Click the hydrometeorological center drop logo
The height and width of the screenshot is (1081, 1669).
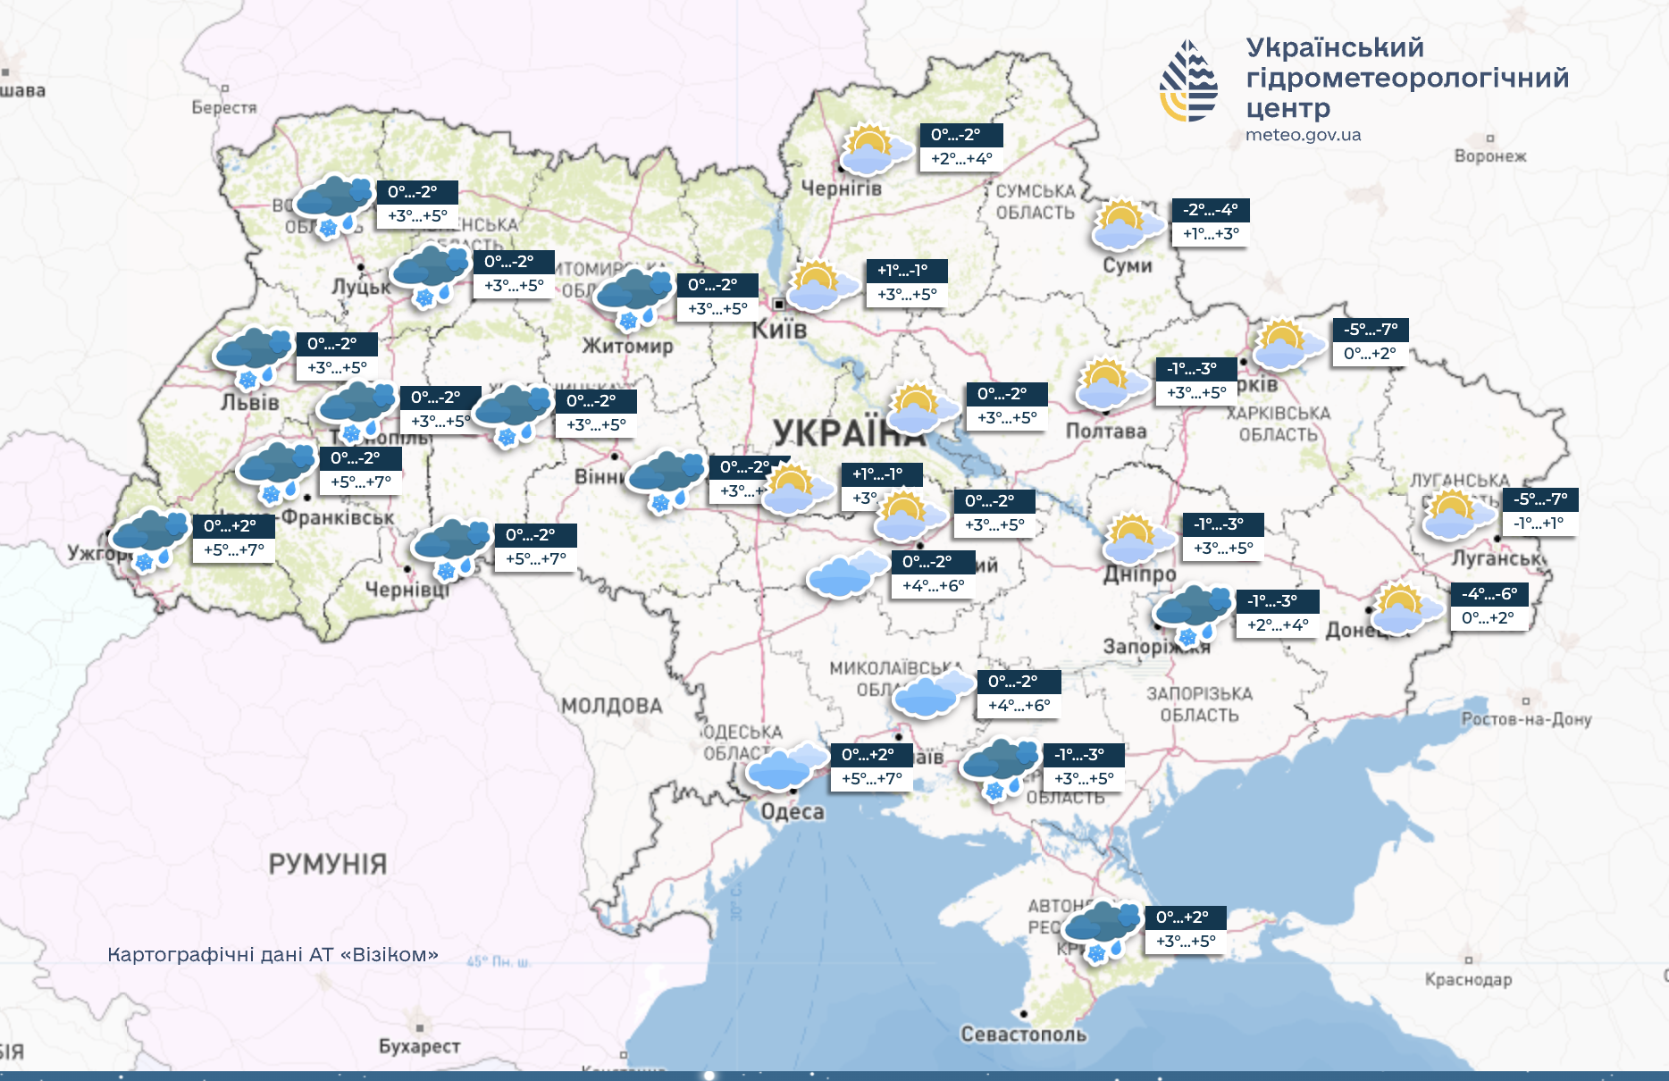click(x=1188, y=80)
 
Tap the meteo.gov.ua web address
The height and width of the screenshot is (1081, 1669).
click(x=1303, y=135)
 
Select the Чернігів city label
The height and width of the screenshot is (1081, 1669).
click(x=841, y=189)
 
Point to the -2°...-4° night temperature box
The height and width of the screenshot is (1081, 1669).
click(x=1210, y=210)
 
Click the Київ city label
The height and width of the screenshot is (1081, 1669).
click(x=779, y=330)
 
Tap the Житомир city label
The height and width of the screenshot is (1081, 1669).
click(x=627, y=346)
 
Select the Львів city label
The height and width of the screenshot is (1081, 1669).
click(x=250, y=403)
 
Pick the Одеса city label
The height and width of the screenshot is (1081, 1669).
click(x=793, y=812)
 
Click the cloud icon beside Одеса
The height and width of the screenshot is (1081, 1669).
click(x=784, y=767)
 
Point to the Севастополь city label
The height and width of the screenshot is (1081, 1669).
click(x=1023, y=1035)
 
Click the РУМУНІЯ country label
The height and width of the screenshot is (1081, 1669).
click(x=328, y=864)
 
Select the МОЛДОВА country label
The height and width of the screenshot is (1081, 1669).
click(x=612, y=707)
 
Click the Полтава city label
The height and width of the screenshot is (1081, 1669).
click(x=1106, y=432)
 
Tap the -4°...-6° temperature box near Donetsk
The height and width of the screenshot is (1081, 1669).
click(x=1489, y=594)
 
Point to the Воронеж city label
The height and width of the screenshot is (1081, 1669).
click(x=1489, y=156)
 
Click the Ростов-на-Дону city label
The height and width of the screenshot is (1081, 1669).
click(x=1526, y=719)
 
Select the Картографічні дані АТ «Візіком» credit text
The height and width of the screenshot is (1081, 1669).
click(x=273, y=955)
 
